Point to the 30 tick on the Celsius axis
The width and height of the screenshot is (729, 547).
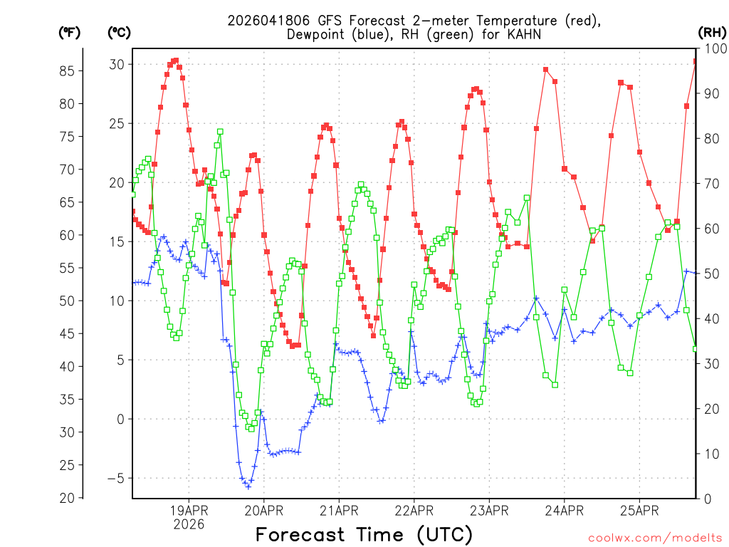(117, 64)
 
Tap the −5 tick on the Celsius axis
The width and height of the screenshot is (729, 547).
(115, 478)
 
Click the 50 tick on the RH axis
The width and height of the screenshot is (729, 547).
(711, 273)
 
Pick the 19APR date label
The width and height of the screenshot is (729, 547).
(189, 511)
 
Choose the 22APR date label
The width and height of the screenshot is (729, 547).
(414, 511)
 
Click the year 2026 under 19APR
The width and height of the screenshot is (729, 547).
(189, 524)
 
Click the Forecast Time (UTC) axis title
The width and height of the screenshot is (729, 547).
(364, 534)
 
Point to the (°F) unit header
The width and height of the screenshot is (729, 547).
(69, 32)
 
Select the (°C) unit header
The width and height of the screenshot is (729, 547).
(119, 32)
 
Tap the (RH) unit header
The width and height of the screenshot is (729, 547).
(712, 32)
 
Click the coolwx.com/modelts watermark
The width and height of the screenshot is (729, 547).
(655, 538)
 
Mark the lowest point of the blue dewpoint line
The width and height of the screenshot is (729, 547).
(248, 486)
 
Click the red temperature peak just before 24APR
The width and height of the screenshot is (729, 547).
(545, 69)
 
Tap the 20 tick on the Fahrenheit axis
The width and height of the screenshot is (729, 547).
(68, 498)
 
